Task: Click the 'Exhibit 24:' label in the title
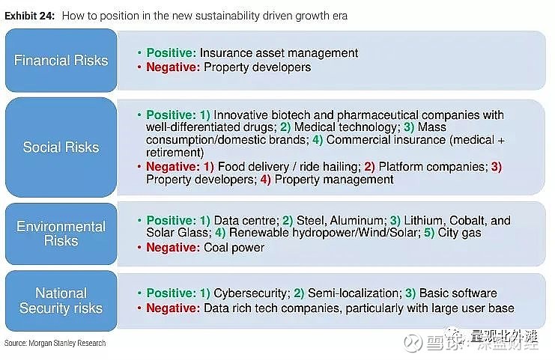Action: (29, 16)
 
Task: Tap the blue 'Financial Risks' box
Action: (61, 60)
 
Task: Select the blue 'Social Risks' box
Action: (61, 147)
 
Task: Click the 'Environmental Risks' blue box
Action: (61, 234)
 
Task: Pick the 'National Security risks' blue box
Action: (61, 301)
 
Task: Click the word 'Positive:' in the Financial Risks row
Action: (172, 52)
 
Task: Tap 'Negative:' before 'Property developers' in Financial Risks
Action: (173, 67)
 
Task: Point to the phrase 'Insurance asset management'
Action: (279, 52)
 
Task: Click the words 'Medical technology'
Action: (345, 127)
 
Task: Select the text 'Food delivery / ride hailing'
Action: (288, 167)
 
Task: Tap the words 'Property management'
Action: (334, 180)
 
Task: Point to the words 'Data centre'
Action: (245, 220)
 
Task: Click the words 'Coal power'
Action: (234, 248)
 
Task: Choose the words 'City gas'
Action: (459, 233)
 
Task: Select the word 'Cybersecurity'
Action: (251, 293)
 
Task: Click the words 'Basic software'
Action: (458, 293)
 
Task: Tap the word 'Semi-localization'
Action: (354, 293)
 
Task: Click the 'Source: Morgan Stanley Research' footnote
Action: (55, 343)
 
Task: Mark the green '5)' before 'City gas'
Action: (429, 233)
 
